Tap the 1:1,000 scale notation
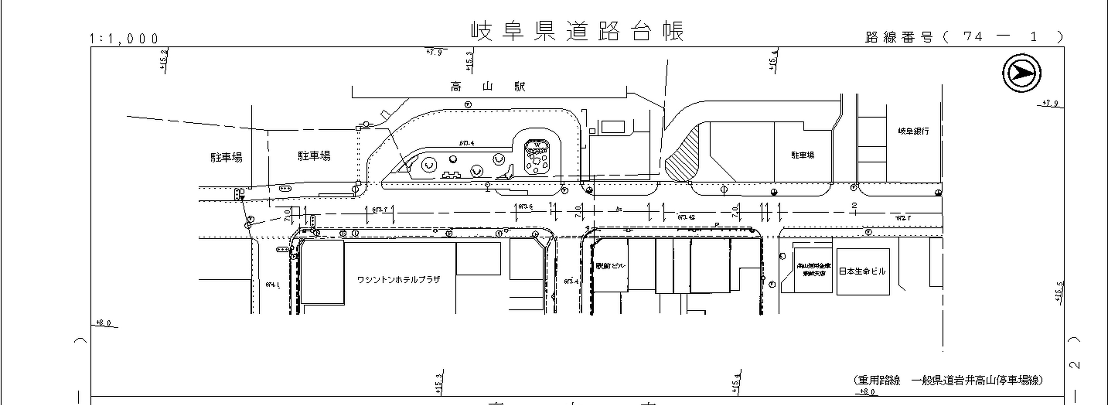pyautogui.click(x=124, y=39)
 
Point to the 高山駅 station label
pyautogui.click(x=488, y=87)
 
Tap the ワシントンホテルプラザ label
pyautogui.click(x=398, y=280)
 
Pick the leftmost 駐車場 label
pyautogui.click(x=226, y=157)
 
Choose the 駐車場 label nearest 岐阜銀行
pyautogui.click(x=803, y=155)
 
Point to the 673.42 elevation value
pyautogui.click(x=686, y=217)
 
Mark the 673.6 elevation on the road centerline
pyautogui.click(x=525, y=207)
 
